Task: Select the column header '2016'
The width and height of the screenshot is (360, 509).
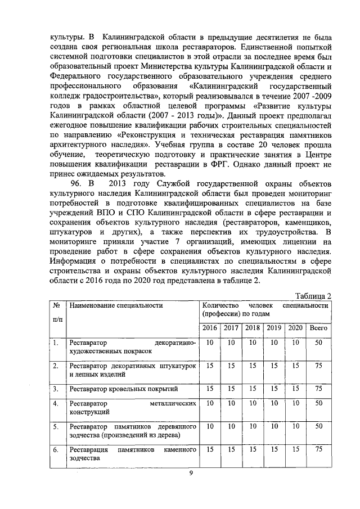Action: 210,327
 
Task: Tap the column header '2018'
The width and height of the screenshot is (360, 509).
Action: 253,327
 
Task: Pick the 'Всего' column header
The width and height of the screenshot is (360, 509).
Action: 319,327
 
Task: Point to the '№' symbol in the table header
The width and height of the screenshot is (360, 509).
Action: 56,305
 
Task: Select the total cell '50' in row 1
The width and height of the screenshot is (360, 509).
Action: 319,343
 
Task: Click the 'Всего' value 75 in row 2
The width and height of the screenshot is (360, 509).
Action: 319,366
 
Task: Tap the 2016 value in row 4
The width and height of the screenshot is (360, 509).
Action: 210,403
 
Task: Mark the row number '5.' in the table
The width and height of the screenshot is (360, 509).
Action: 56,427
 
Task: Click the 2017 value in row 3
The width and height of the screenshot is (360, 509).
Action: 231,389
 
